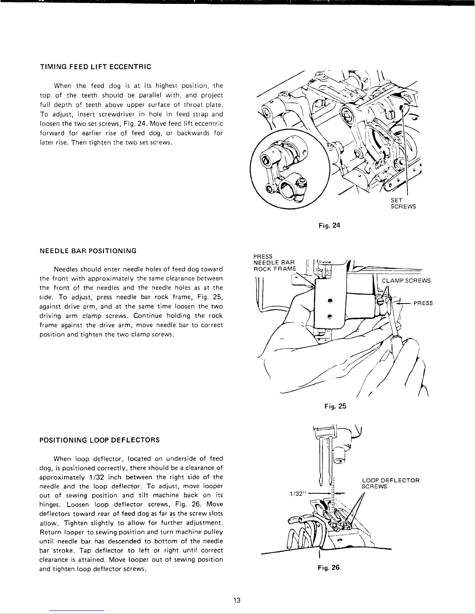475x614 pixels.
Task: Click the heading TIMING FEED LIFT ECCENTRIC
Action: tap(95, 66)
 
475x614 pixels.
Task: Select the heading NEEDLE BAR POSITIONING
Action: tap(88, 250)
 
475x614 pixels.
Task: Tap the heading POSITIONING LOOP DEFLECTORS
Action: tap(100, 440)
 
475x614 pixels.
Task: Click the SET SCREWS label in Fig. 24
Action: tap(403, 204)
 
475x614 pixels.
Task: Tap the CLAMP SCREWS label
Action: tap(406, 281)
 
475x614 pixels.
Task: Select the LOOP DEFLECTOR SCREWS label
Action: tap(390, 483)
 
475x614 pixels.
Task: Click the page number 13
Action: tap(237, 600)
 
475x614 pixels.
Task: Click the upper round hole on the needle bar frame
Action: tap(329, 301)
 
